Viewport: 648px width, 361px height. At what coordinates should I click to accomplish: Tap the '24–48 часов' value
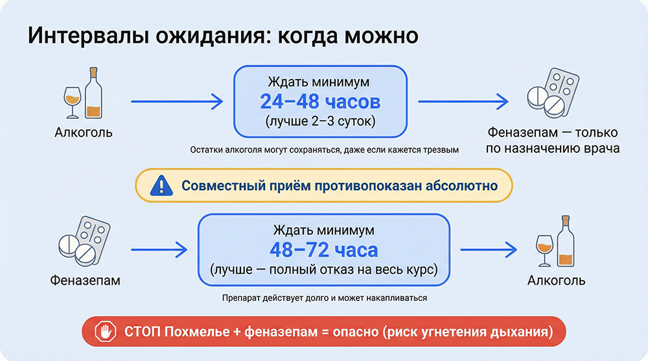(320, 102)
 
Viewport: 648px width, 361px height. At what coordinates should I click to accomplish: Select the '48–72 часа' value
(323, 249)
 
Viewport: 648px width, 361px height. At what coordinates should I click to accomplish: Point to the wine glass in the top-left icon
(73, 100)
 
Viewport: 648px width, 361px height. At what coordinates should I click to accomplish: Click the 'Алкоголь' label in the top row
(84, 133)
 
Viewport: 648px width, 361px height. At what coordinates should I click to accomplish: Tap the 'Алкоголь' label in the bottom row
(556, 280)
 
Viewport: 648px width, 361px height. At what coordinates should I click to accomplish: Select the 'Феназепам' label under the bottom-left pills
(85, 281)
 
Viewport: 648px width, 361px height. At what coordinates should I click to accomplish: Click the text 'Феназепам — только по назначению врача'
(553, 140)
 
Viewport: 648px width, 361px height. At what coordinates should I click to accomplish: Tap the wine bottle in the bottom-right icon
(566, 242)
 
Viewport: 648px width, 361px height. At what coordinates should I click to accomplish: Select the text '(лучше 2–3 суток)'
(320, 121)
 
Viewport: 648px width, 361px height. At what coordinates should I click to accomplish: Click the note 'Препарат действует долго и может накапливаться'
(323, 298)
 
